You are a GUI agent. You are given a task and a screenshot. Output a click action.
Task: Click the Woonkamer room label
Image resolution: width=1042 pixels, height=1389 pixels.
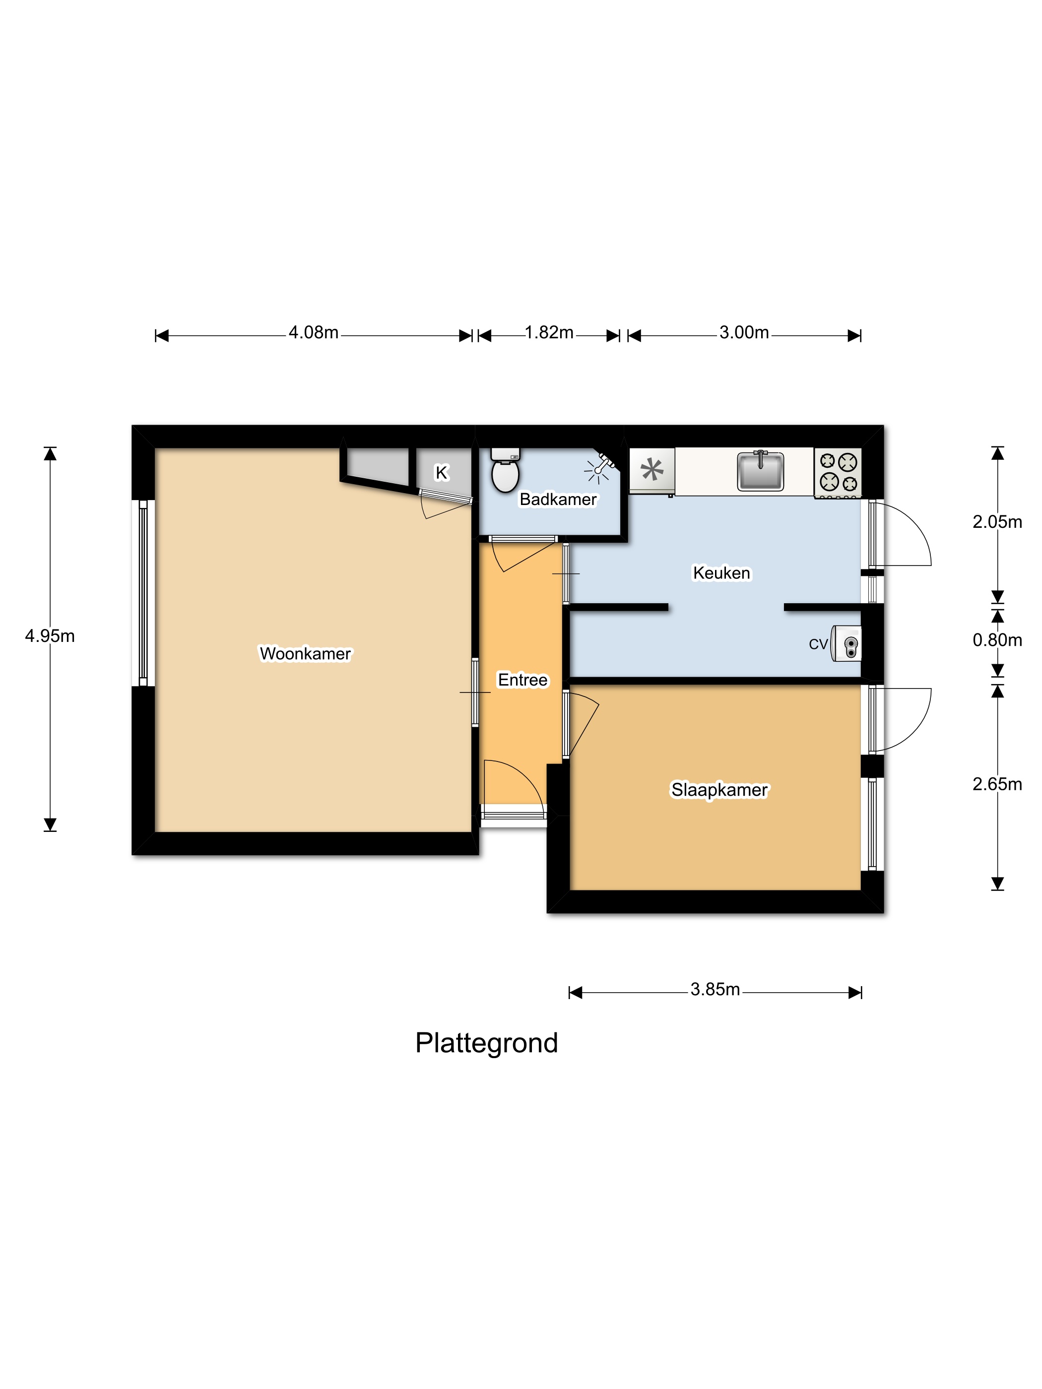point(305,654)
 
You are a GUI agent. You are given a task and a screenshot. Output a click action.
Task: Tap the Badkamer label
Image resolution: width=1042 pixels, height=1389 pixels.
point(558,499)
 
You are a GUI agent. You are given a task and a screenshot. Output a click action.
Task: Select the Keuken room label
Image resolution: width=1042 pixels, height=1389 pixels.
point(721,572)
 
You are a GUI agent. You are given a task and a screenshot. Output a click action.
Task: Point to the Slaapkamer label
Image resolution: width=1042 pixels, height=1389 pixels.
point(719,789)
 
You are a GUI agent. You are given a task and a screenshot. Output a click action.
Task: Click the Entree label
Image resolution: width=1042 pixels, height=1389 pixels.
point(522,680)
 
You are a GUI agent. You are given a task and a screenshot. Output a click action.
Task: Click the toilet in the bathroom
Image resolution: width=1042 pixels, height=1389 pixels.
point(505,469)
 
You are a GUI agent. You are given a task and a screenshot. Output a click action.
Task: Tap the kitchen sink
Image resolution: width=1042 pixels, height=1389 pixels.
point(760,470)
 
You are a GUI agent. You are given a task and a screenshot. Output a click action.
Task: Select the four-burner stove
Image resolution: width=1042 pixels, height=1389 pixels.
point(838,473)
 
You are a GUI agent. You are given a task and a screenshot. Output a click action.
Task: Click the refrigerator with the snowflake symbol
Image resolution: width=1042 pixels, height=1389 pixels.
point(652,471)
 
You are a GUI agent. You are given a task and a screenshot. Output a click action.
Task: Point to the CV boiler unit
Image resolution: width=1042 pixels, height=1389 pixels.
point(846,643)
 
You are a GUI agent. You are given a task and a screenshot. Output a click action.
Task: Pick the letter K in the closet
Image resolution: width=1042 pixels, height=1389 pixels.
point(442,473)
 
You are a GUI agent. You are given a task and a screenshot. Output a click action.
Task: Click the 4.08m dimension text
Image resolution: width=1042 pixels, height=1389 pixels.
point(314,332)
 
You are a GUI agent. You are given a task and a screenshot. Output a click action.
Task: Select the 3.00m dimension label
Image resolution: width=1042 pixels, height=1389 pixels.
point(744,332)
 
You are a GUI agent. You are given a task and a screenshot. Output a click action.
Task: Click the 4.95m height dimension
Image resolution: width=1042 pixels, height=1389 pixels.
point(50,636)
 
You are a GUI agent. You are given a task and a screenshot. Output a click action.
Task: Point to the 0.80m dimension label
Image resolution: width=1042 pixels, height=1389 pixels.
point(997,640)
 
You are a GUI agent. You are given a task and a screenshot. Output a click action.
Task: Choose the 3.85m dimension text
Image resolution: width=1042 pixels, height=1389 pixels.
point(715,989)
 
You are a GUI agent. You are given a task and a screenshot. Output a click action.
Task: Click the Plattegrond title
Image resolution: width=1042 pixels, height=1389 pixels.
point(486,1044)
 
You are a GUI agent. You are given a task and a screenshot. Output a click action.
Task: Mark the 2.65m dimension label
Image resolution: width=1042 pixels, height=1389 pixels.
point(997,784)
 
